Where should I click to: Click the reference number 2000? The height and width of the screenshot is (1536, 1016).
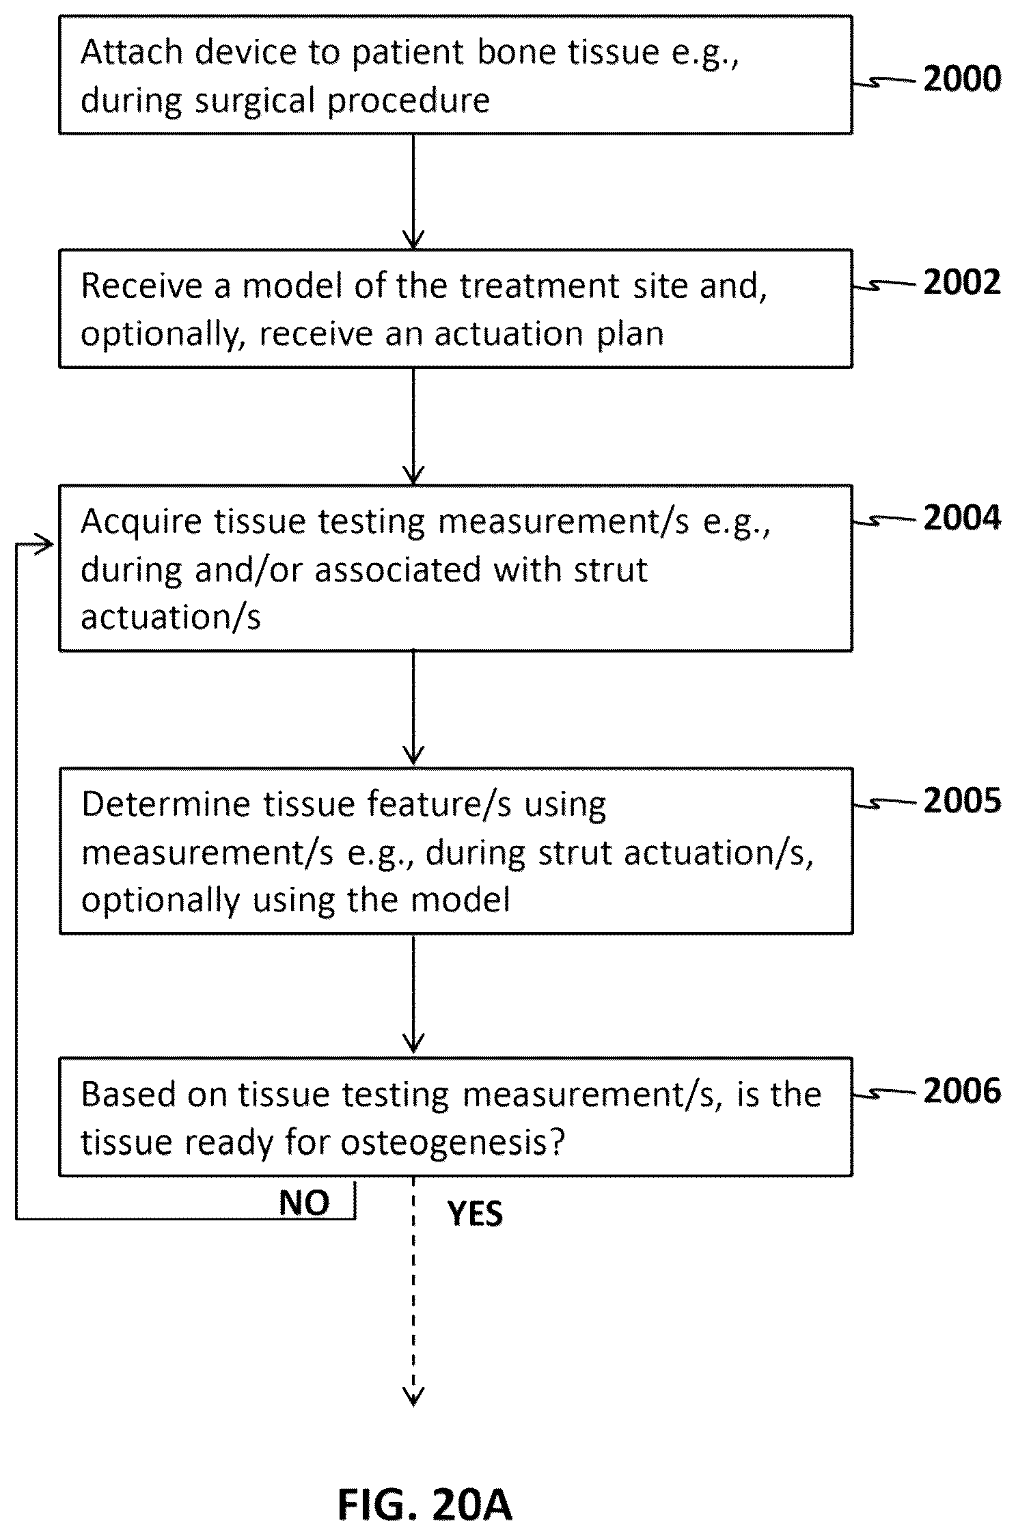(x=962, y=79)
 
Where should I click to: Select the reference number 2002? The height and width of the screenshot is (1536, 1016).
(x=962, y=282)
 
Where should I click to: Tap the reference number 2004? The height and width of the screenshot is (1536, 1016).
(x=962, y=517)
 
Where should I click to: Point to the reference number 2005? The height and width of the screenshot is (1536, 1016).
(x=962, y=800)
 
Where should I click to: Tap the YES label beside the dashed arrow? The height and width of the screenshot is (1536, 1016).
(x=475, y=1213)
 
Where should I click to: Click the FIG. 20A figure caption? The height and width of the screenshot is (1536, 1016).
(x=424, y=1504)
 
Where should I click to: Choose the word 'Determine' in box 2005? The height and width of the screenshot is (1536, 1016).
(x=166, y=804)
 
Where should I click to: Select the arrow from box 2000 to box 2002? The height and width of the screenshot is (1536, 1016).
(x=413, y=192)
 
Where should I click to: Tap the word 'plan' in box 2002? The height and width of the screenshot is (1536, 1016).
(x=631, y=334)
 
